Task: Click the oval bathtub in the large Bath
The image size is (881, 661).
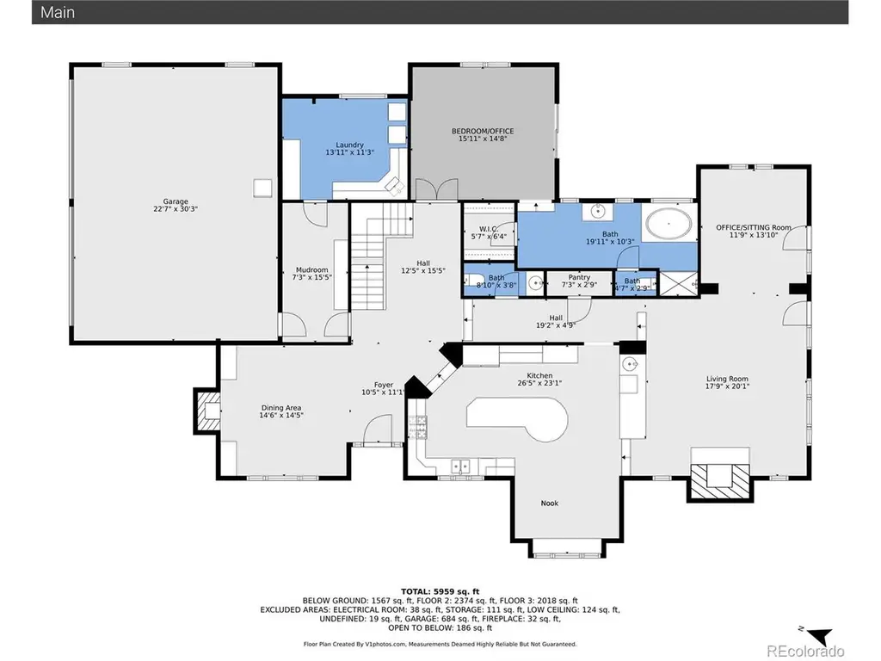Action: (x=668, y=224)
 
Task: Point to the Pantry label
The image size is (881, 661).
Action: (x=579, y=277)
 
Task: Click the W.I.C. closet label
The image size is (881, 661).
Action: (x=489, y=229)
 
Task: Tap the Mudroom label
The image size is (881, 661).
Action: (x=311, y=269)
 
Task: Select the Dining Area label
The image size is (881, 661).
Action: (x=281, y=408)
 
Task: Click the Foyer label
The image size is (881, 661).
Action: (x=384, y=385)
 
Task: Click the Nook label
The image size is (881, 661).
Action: (x=550, y=503)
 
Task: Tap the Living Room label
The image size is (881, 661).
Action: (x=727, y=379)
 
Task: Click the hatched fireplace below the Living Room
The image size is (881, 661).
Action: (x=720, y=482)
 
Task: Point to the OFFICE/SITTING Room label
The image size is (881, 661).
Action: (x=754, y=227)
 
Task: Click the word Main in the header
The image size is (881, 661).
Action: (x=58, y=12)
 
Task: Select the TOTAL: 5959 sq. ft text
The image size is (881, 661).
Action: (x=440, y=591)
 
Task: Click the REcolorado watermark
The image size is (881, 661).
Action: (x=805, y=651)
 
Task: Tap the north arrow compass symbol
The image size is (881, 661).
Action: (x=817, y=634)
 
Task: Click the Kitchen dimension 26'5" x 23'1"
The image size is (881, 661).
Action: (x=539, y=383)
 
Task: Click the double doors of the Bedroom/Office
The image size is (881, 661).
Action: (x=436, y=189)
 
